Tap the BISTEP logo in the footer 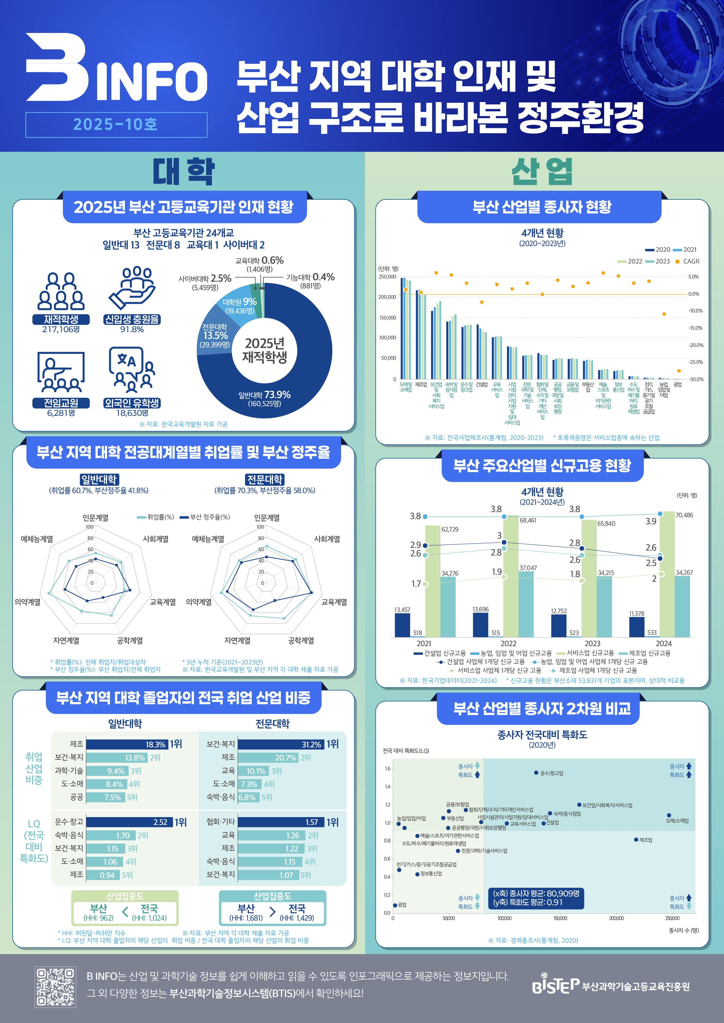(x=555, y=986)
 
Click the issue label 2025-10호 (x=116, y=125)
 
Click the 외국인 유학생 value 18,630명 (x=132, y=413)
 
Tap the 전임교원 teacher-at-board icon (x=61, y=372)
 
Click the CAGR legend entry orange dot (x=677, y=262)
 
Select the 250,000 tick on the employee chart (x=387, y=277)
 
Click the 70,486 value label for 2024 (x=684, y=515)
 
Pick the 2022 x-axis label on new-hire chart (x=508, y=643)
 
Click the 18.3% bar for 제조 (x=127, y=744)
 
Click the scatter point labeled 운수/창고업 (x=536, y=772)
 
